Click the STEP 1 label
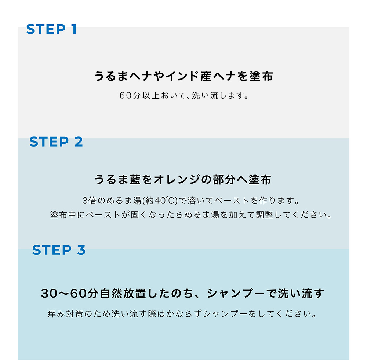point(51,29)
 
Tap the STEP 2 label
point(56,142)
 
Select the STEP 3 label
point(59,250)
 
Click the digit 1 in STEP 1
point(74,29)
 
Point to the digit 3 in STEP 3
point(81,250)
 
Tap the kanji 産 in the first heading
point(206,76)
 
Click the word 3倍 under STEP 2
point(90,201)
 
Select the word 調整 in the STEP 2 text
point(265,214)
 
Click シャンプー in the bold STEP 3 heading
point(236,293)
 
